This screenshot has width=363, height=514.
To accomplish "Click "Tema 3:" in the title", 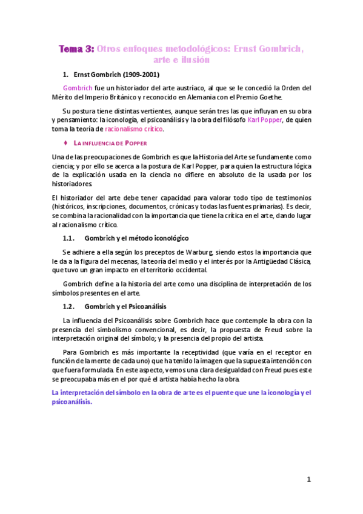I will (x=75, y=50).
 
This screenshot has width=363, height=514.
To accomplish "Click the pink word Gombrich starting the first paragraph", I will (x=77, y=88).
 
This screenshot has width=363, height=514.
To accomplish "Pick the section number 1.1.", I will (x=71, y=238).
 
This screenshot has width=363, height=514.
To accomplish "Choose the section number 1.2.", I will (x=71, y=307).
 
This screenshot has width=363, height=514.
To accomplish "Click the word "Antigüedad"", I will (x=275, y=261).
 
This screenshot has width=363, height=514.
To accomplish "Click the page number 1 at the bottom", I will (x=308, y=479).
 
